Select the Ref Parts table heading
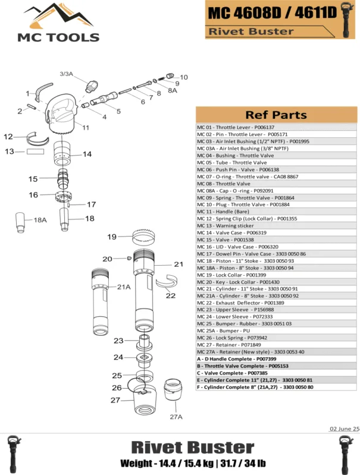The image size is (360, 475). click(276, 115)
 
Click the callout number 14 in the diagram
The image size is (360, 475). click(87, 154)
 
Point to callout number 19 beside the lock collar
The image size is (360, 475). click(112, 237)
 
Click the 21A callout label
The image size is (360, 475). click(123, 287)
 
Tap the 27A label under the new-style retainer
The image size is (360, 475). click(176, 417)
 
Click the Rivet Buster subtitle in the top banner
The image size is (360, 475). click(251, 32)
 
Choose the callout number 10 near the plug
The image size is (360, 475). click(184, 77)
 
